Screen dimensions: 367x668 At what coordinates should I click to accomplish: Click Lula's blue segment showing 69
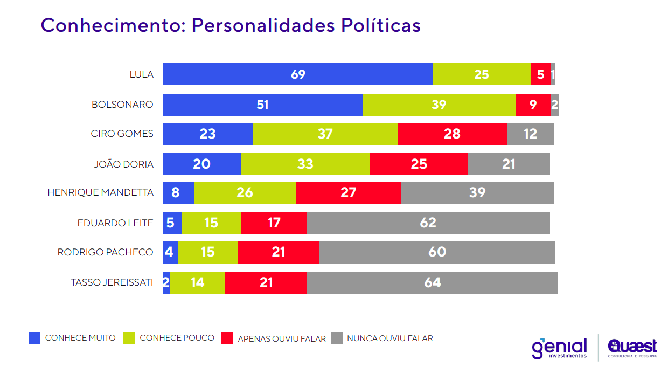tap(297, 74)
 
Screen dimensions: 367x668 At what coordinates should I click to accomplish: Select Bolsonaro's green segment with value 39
tap(439, 105)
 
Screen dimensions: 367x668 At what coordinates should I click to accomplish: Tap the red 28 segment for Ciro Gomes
tap(452, 134)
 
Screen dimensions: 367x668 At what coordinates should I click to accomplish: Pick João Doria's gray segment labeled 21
tap(509, 164)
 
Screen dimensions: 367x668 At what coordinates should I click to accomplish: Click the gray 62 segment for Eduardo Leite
tap(428, 223)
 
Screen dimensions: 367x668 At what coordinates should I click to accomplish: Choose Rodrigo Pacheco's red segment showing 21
tap(278, 252)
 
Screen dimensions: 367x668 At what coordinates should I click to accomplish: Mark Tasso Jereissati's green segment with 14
tap(197, 282)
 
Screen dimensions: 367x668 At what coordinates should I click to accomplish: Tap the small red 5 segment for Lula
tap(540, 74)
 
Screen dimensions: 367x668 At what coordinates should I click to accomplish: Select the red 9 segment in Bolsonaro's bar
tap(533, 105)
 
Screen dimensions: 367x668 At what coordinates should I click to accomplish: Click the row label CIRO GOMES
tap(122, 134)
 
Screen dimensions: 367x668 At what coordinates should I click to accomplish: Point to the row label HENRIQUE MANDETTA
tap(100, 192)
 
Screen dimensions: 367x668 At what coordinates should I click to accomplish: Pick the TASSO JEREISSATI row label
tap(112, 282)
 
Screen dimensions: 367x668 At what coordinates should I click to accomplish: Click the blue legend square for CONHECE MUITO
tap(34, 338)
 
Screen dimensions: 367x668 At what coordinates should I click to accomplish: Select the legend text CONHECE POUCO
tap(177, 338)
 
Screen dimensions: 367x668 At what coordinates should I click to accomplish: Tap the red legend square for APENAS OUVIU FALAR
tap(227, 338)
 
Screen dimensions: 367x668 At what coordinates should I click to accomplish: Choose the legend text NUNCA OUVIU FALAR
tap(389, 338)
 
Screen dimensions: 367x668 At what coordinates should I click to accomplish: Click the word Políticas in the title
tap(380, 25)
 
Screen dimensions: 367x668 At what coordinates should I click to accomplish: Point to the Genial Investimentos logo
tap(559, 348)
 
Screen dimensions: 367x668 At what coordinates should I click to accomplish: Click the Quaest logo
tap(632, 348)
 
